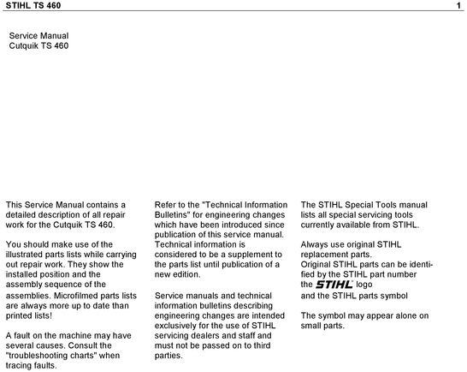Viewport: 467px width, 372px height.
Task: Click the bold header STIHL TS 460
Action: tap(33, 7)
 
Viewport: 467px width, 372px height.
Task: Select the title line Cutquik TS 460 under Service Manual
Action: tap(38, 45)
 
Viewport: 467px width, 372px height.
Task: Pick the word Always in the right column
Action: tap(316, 244)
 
